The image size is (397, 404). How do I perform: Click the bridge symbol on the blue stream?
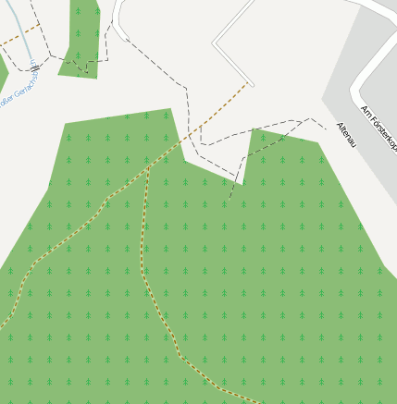[x=34, y=67]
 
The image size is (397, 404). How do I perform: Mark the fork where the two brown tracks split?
[x=148, y=167]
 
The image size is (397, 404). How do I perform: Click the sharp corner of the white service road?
[x=215, y=43]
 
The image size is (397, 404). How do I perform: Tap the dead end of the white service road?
[x=251, y=84]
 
